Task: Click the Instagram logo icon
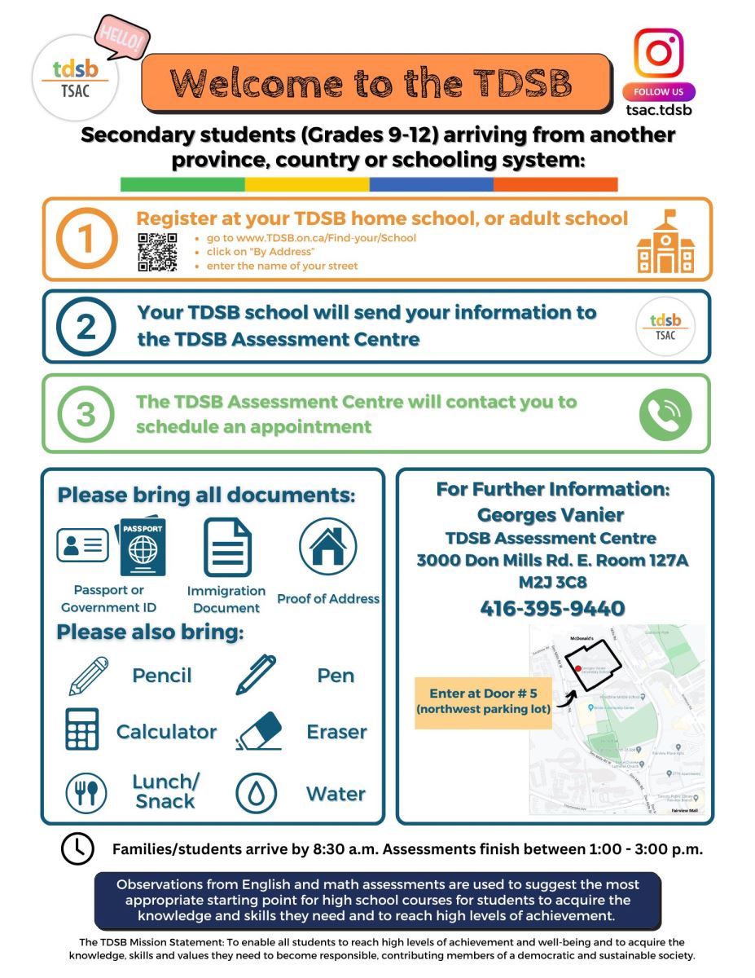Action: point(658,53)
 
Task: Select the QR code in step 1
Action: point(157,252)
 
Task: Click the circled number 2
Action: point(86,327)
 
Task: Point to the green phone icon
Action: point(665,414)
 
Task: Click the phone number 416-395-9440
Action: point(552,609)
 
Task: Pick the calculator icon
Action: point(82,729)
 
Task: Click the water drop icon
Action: point(257,792)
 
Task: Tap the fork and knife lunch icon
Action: point(86,792)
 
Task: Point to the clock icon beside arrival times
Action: point(77,848)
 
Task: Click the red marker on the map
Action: point(578,668)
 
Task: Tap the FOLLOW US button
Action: point(658,92)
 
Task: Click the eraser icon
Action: point(259,730)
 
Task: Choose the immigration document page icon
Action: point(227,547)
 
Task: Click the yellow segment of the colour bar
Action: point(307,185)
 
